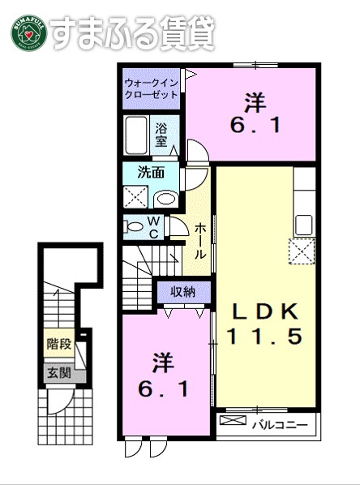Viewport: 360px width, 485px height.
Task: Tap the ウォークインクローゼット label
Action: (x=152, y=88)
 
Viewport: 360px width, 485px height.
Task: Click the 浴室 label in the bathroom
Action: (x=161, y=134)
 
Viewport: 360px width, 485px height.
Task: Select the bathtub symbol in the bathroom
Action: (x=136, y=134)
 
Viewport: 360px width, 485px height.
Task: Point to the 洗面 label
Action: (x=151, y=172)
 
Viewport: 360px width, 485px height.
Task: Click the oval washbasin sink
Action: (x=166, y=198)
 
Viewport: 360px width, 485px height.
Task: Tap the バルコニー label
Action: (x=278, y=424)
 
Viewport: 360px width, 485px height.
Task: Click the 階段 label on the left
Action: (x=58, y=344)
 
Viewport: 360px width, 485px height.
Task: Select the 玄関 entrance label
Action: (x=58, y=372)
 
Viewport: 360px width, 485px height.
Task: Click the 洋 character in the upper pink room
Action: (x=255, y=103)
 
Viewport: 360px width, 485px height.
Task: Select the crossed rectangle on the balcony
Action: (x=231, y=423)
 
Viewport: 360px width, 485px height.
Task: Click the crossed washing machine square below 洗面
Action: (x=135, y=197)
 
